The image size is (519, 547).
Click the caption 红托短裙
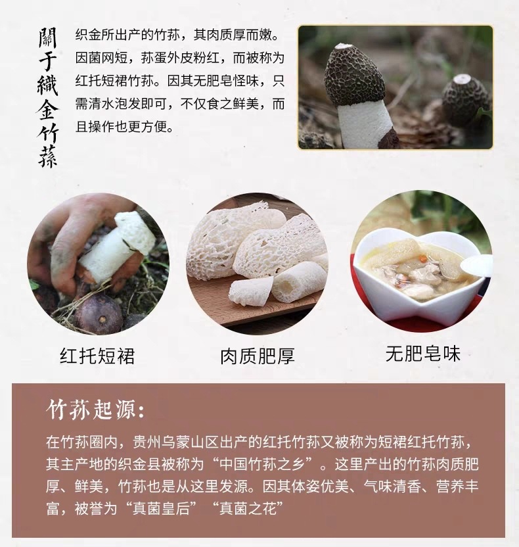coord(97,356)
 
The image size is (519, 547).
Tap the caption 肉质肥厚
coord(258,356)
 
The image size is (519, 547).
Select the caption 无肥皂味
coord(423,354)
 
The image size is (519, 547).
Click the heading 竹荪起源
coord(95,409)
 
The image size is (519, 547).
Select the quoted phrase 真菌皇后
coord(162,508)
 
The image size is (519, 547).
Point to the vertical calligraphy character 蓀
coord(47,156)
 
